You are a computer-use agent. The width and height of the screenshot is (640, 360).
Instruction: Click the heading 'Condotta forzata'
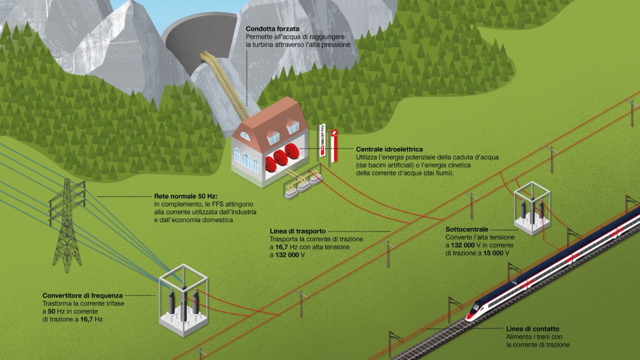272,29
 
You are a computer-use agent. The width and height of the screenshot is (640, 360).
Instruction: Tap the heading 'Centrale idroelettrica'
389,149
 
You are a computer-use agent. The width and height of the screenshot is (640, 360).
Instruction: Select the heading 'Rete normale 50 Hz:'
183,196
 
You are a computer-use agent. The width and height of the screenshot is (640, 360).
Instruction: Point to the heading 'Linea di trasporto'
297,231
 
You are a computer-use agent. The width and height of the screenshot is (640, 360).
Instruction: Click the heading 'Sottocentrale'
466,229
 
